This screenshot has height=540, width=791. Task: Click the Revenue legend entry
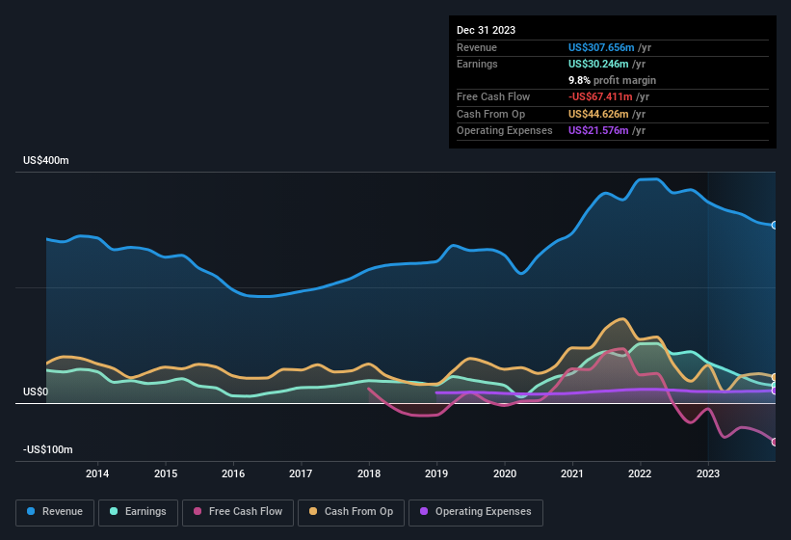[x=55, y=511]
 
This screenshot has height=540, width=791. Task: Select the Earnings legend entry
[x=137, y=511]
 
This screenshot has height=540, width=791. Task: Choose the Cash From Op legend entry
[x=352, y=511]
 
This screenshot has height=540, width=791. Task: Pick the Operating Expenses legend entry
[x=476, y=511]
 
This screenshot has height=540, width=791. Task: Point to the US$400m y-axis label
[x=46, y=161]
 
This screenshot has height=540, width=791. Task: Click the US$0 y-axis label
[x=36, y=391]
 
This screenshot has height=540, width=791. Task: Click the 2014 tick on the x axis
[x=97, y=473]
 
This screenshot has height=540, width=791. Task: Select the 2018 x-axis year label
[x=368, y=473]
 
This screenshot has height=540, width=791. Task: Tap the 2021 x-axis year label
[x=572, y=473]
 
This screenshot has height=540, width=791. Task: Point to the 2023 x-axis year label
[x=708, y=473]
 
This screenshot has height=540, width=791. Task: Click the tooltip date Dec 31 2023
[x=486, y=30]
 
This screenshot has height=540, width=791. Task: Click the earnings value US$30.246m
[x=599, y=64]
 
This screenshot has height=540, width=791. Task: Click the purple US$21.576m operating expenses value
[x=599, y=130]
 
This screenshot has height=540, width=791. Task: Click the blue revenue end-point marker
[x=774, y=226]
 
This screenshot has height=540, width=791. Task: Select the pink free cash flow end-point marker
[x=774, y=442]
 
